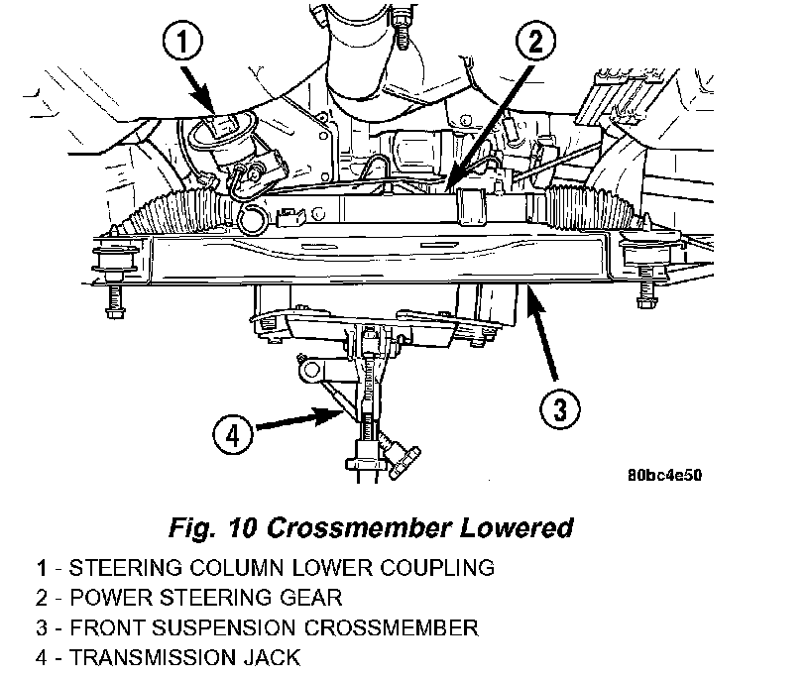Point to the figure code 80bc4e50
coord(664,475)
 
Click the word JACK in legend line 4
coord(270,657)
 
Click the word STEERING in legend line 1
coord(107,568)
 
